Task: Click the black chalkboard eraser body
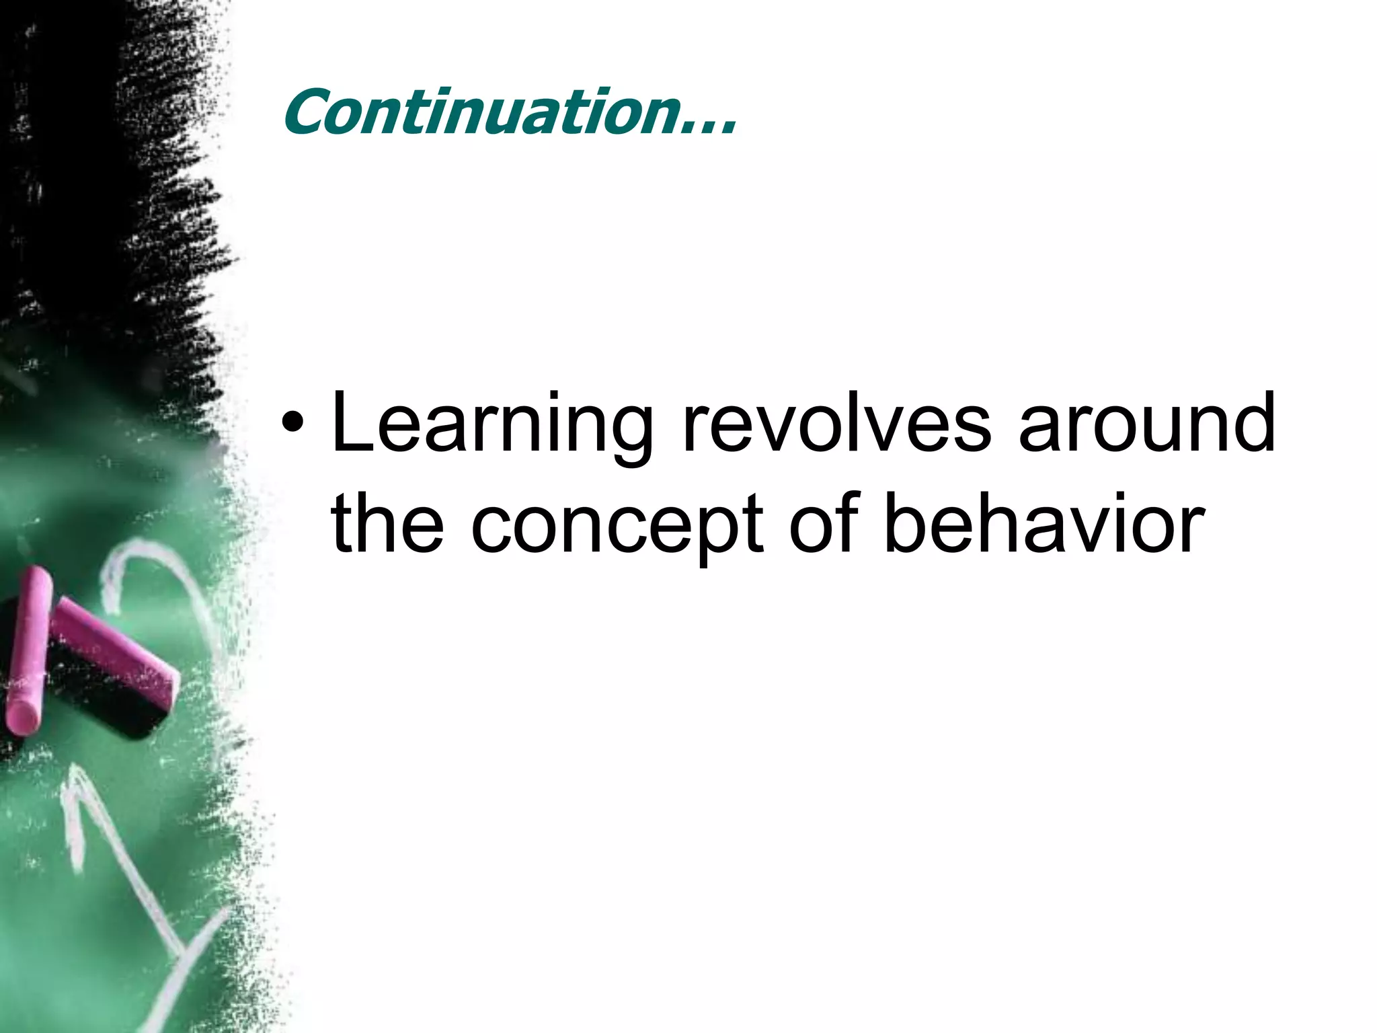click(101, 699)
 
